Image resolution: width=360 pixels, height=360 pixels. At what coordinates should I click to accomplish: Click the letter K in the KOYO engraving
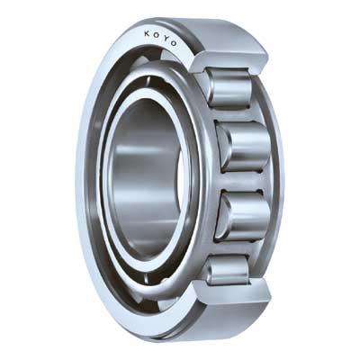[x=147, y=33]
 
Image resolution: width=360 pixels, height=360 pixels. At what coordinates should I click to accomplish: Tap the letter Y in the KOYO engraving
[x=164, y=38]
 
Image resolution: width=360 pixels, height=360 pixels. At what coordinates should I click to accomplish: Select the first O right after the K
[x=156, y=35]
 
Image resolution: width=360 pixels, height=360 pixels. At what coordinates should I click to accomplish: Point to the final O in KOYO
[x=173, y=43]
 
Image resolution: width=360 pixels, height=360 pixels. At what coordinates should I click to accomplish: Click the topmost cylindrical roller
[x=229, y=87]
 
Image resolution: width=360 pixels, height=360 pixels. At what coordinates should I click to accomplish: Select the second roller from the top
[x=244, y=147]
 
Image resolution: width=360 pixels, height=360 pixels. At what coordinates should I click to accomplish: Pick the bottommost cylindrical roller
[x=228, y=270]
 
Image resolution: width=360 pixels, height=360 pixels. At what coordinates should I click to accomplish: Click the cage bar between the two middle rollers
[x=243, y=182]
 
